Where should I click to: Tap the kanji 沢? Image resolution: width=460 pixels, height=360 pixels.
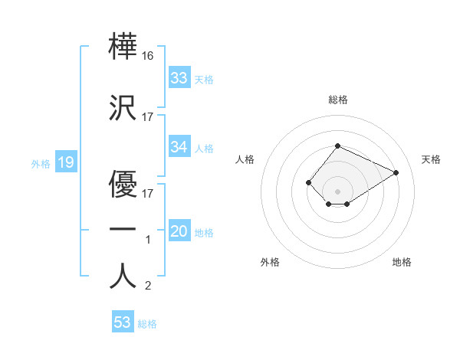[123, 107]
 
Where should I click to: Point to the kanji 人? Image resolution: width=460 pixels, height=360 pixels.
[123, 276]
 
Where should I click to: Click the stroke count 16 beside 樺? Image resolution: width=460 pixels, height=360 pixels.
[148, 56]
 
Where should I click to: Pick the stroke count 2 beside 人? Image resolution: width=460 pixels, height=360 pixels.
[148, 286]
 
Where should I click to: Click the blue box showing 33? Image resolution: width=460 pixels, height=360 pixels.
[179, 78]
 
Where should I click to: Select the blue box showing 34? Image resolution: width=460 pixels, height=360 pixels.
[179, 148]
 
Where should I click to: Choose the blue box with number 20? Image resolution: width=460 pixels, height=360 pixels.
[179, 232]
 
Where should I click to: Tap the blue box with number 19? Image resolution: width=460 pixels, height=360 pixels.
[65, 162]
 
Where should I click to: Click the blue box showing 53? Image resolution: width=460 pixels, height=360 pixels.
[123, 322]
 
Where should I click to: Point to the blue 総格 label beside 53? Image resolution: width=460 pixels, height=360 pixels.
[147, 324]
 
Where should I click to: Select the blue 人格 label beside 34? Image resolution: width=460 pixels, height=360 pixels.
[204, 149]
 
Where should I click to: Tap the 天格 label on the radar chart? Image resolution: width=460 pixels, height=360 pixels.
[431, 159]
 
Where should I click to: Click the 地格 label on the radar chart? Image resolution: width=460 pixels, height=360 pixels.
[402, 262]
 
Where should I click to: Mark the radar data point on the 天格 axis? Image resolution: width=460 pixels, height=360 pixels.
[396, 172]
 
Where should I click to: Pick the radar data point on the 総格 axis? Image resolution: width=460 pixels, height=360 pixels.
[337, 146]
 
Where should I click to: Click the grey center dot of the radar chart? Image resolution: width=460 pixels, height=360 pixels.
[337, 191]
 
